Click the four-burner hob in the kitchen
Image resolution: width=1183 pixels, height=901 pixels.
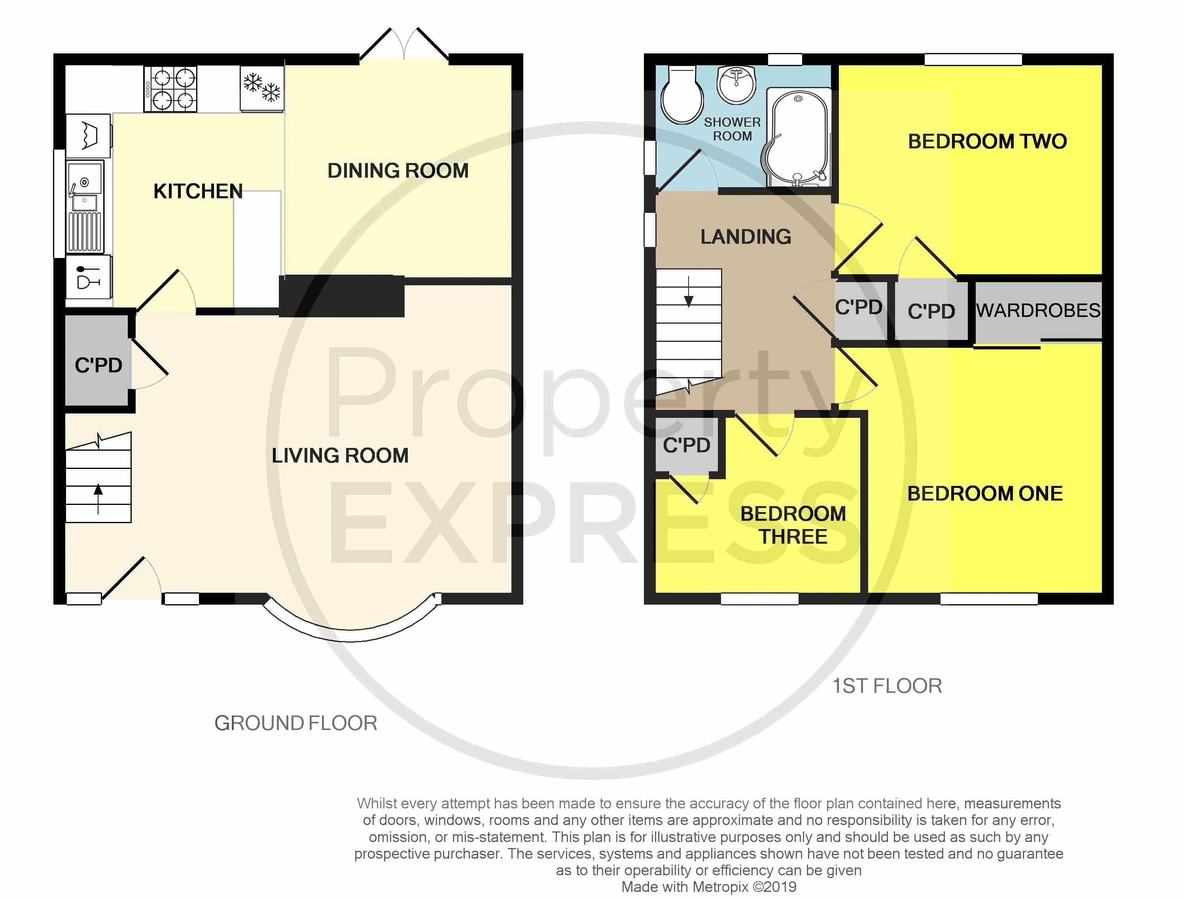[170, 89]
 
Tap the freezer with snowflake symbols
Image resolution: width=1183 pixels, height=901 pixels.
[261, 89]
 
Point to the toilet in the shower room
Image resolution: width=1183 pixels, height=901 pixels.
[681, 95]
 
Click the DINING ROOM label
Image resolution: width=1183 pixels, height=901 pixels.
[398, 171]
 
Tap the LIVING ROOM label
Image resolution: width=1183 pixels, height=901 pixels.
[340, 455]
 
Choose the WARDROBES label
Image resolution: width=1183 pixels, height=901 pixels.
[1038, 311]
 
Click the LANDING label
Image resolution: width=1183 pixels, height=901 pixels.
[746, 237]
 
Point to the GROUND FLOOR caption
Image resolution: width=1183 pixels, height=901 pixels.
[296, 723]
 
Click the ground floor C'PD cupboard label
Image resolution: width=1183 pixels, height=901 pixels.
[98, 365]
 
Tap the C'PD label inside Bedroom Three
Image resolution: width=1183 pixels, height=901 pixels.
[687, 445]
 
